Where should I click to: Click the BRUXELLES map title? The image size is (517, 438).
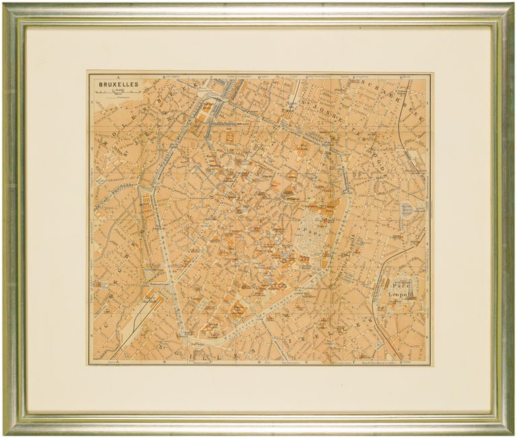[x=118, y=84]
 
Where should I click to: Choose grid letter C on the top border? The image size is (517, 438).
[x=211, y=77]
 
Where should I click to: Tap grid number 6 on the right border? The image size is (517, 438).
[x=429, y=334]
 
